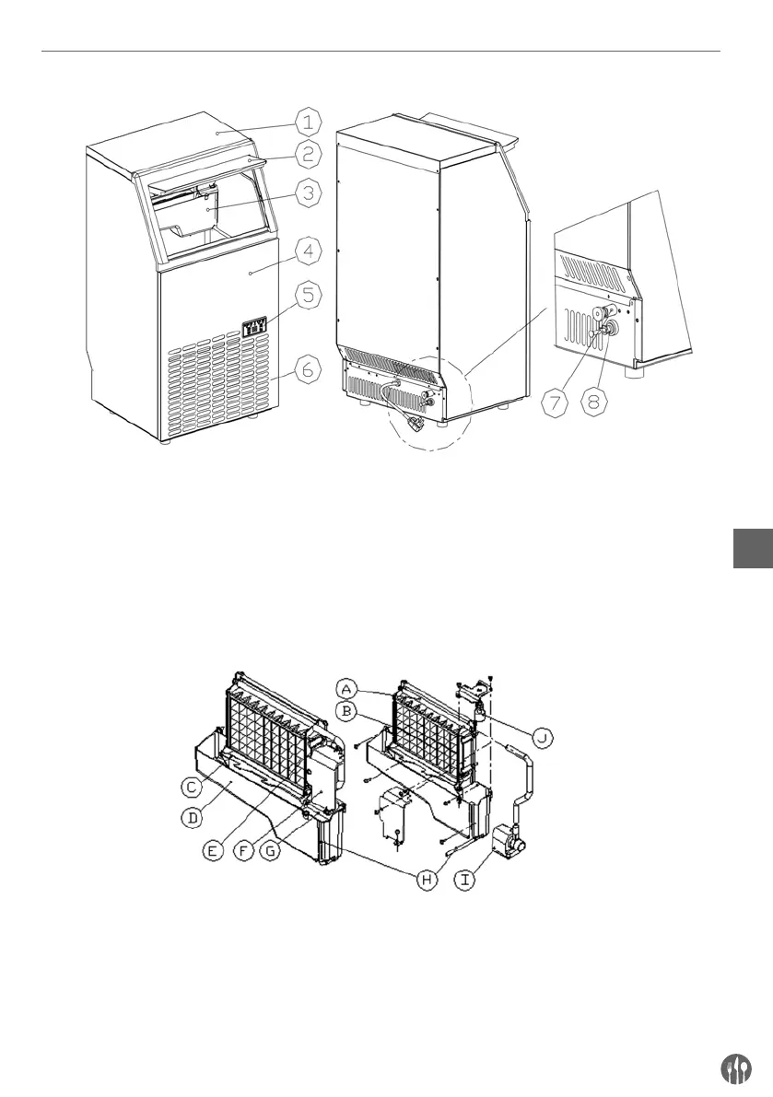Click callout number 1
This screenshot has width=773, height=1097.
pos(310,121)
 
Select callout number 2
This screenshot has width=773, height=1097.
pos(310,154)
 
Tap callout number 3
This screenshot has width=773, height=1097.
pos(310,193)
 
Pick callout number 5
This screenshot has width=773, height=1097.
pos(310,296)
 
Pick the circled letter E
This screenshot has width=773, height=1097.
pos(213,851)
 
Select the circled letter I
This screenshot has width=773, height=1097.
pos(469,880)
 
